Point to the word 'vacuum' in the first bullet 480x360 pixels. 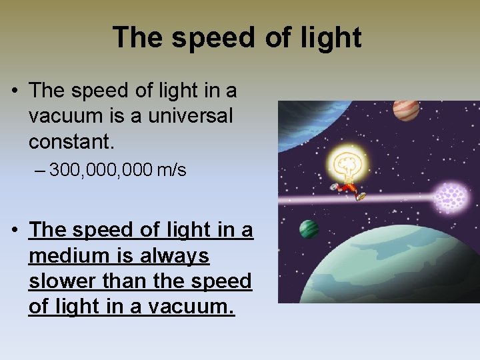[x=65, y=116]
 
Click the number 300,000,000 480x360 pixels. [x=101, y=171]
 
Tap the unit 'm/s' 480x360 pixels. [x=171, y=171]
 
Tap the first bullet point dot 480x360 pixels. [x=14, y=91]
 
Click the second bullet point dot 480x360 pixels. [x=14, y=230]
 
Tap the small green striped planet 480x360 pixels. [x=309, y=229]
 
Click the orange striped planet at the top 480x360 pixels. [x=405, y=110]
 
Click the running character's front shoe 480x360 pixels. [x=361, y=197]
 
